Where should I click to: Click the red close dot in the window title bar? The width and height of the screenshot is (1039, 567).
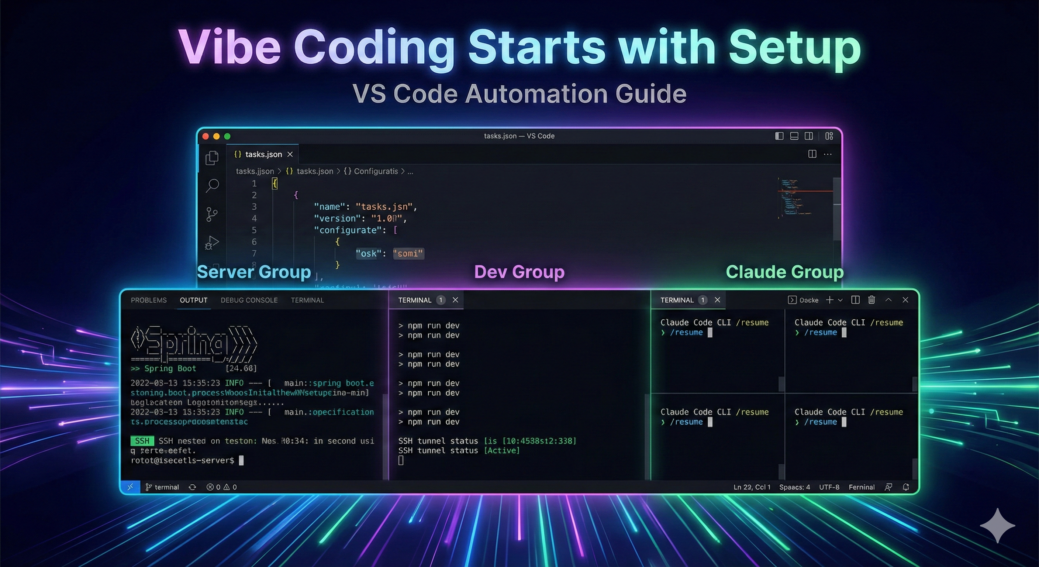pyautogui.click(x=205, y=137)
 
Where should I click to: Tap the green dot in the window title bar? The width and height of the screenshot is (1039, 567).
pyautogui.click(x=227, y=137)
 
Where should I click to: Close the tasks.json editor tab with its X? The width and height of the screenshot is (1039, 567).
pyautogui.click(x=290, y=155)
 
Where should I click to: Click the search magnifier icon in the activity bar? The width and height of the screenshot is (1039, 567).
pyautogui.click(x=212, y=186)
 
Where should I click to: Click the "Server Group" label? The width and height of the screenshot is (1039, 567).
pyautogui.click(x=254, y=272)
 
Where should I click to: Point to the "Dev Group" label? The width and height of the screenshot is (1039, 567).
pyautogui.click(x=519, y=272)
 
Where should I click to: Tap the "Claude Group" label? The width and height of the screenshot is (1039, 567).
pyautogui.click(x=784, y=272)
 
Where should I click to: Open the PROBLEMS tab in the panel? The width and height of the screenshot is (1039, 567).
pyautogui.click(x=148, y=300)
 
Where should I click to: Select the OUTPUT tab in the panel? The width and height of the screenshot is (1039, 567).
pyautogui.click(x=194, y=300)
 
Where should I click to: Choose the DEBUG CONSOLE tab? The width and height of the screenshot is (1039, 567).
pyautogui.click(x=249, y=300)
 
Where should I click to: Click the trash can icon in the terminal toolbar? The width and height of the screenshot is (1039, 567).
pyautogui.click(x=871, y=300)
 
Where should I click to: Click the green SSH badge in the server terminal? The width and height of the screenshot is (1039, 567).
pyautogui.click(x=142, y=441)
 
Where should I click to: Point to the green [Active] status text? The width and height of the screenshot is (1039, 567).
pyautogui.click(x=502, y=450)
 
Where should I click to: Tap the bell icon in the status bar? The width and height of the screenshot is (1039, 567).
pyautogui.click(x=906, y=487)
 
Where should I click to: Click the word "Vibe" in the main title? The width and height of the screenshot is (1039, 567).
pyautogui.click(x=229, y=48)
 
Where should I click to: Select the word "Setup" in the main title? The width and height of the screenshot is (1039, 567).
pyautogui.click(x=794, y=48)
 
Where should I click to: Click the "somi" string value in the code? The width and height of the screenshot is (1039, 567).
pyautogui.click(x=408, y=254)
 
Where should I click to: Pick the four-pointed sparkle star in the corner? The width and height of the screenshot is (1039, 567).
pyautogui.click(x=997, y=525)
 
